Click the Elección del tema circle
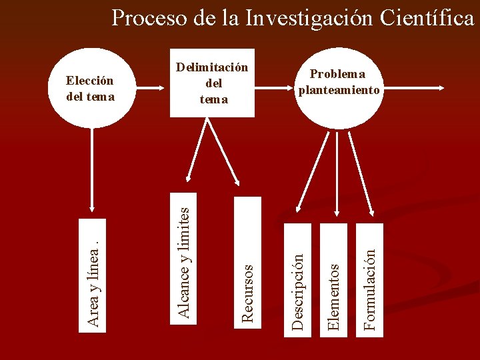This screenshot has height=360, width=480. click(91, 88)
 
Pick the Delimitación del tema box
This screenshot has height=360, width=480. click(212, 83)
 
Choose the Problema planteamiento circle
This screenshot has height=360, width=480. click(339, 84)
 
